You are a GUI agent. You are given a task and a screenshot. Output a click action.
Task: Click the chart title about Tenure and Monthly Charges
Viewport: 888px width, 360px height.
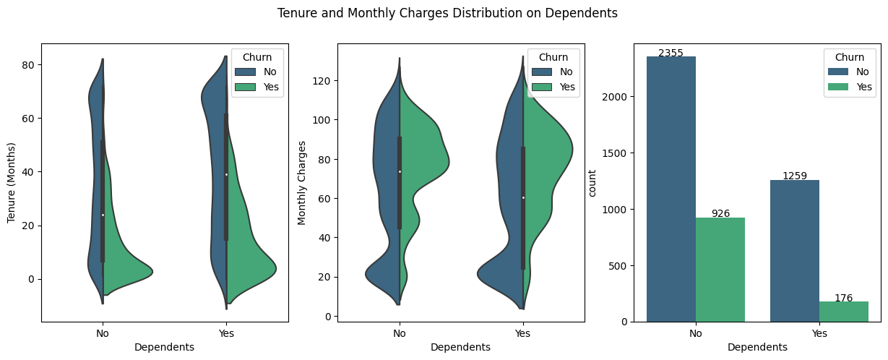pos(447,13)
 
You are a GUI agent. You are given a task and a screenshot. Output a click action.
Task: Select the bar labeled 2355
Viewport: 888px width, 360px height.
pos(671,189)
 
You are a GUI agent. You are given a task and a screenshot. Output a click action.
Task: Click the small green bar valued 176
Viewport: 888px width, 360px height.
pos(844,312)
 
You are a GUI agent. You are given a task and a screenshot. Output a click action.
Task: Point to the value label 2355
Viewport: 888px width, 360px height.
pos(671,52)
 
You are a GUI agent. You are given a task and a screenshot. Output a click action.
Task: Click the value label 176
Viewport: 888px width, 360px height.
pos(844,298)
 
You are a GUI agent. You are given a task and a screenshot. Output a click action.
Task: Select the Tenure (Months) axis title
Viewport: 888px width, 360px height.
pos(12,182)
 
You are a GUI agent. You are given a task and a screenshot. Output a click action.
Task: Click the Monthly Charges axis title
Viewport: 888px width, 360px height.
pos(303,182)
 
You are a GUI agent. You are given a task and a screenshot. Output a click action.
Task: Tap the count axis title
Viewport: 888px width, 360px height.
pos(592,182)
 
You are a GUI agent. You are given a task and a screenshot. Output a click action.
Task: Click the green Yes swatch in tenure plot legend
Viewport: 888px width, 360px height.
pos(245,87)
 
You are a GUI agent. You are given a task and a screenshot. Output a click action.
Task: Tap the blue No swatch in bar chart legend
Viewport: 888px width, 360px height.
pos(837,72)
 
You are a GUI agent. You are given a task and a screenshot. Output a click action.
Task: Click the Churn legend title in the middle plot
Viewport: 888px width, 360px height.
pos(553,57)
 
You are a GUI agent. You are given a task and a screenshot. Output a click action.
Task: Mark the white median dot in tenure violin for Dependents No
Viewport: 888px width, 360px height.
pos(103,215)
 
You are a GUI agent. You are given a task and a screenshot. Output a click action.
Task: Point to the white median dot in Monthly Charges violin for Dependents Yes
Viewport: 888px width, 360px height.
pos(523,197)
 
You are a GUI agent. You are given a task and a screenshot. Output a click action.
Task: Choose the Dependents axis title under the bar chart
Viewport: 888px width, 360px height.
pos(757,347)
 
